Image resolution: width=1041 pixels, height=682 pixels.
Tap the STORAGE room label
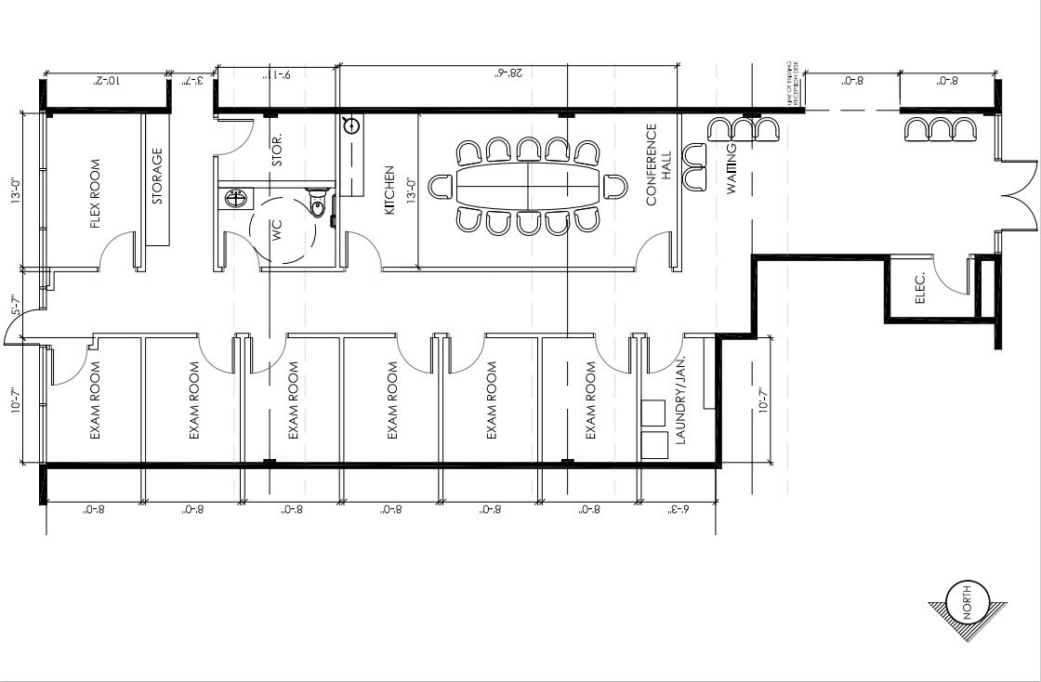(x=157, y=177)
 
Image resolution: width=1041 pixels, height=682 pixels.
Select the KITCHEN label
(x=390, y=190)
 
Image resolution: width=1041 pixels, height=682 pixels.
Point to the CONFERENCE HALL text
(x=657, y=164)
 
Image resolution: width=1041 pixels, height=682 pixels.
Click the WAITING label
(x=731, y=169)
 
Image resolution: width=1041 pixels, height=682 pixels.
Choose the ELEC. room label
(x=920, y=288)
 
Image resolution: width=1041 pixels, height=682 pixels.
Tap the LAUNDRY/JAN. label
(x=680, y=400)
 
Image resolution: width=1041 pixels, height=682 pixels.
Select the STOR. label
(x=277, y=149)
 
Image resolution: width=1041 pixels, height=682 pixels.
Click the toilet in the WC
(x=317, y=204)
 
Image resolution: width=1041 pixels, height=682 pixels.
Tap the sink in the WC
(x=236, y=198)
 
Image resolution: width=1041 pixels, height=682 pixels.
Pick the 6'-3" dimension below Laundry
(x=680, y=509)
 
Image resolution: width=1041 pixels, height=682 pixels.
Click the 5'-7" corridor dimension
(x=15, y=305)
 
